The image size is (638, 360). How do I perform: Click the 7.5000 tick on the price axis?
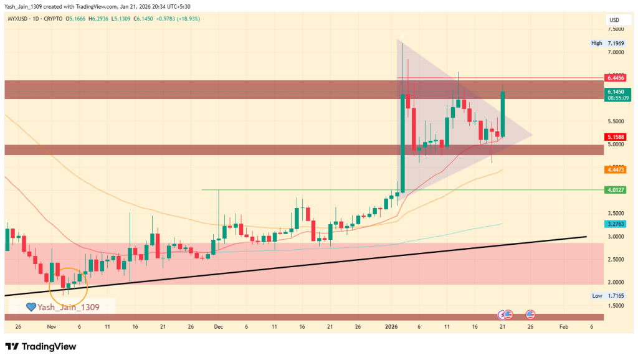[616, 29]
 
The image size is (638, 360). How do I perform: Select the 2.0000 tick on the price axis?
[616, 282]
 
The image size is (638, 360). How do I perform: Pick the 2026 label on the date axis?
[391, 326]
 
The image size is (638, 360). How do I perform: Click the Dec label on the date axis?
[218, 326]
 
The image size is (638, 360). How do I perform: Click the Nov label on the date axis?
[52, 326]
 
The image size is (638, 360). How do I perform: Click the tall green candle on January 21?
[502, 114]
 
